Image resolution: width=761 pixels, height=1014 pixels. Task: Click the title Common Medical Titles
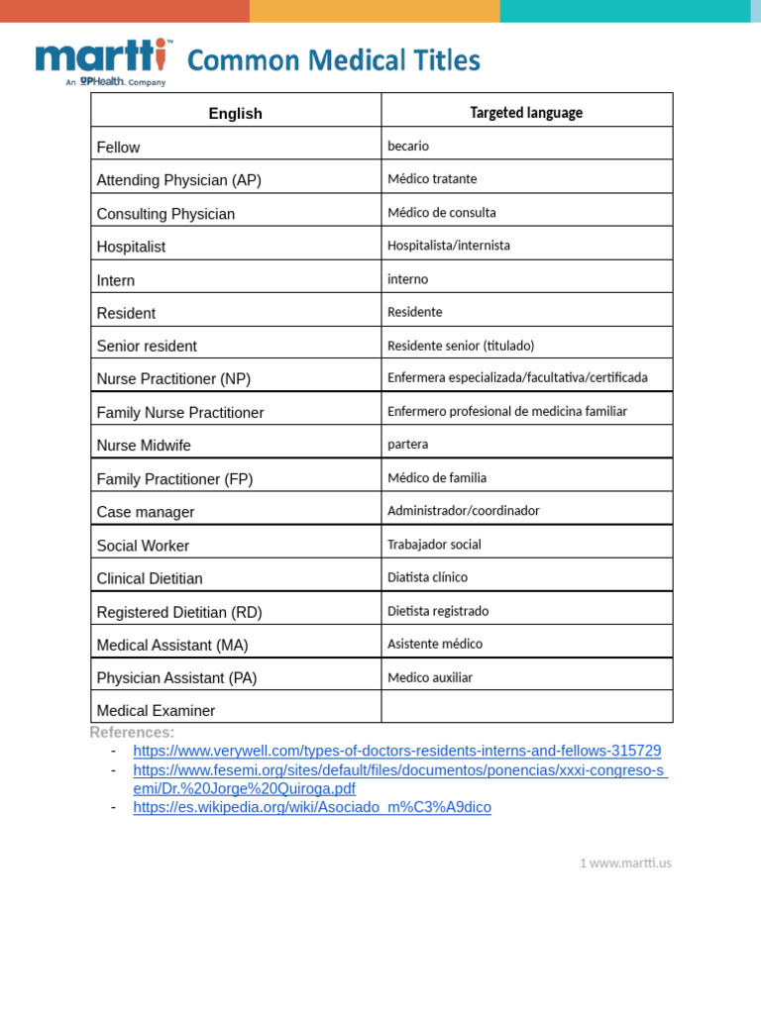tap(333, 61)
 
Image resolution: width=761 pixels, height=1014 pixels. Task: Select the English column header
tap(236, 114)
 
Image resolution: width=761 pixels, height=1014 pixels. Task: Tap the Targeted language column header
tap(526, 113)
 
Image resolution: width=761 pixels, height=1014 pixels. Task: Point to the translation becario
tap(408, 147)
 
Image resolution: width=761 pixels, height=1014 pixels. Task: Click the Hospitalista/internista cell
tap(449, 246)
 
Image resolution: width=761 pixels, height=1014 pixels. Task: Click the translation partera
tap(408, 445)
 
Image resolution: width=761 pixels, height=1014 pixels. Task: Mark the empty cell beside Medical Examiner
tap(526, 707)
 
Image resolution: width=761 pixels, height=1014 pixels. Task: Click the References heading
tap(132, 732)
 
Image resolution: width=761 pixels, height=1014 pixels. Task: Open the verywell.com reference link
tap(396, 751)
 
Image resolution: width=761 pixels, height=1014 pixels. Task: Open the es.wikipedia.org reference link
tap(312, 807)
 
